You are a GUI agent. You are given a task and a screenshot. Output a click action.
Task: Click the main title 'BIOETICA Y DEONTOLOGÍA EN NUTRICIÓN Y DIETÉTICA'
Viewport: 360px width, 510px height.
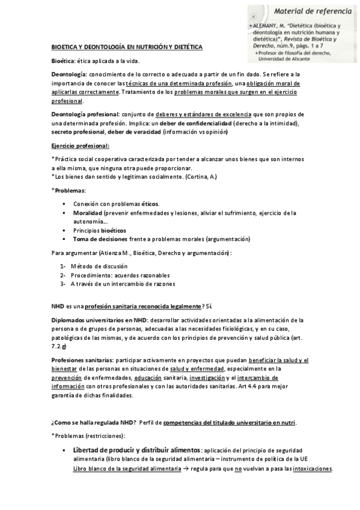point(126,46)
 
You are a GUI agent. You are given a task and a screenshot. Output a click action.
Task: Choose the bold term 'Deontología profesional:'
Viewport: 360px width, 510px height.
point(85,114)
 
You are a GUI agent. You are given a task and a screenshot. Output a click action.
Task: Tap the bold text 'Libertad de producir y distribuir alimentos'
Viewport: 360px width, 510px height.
point(137,450)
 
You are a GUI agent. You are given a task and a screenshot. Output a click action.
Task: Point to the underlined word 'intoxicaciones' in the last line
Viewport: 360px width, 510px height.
point(311,469)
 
